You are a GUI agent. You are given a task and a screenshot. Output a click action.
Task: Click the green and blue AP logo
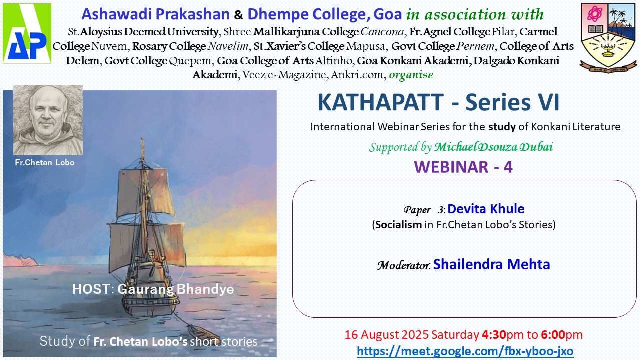[x=27, y=33]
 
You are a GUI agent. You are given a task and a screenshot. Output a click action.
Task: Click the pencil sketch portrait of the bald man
[x=48, y=120]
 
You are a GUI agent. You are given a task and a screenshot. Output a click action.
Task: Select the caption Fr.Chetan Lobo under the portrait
[x=45, y=163]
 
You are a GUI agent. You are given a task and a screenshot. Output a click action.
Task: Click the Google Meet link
[x=465, y=351]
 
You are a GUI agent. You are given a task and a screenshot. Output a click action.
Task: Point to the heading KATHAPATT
[x=381, y=102]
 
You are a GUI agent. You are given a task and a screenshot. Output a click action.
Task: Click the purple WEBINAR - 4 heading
[x=463, y=167]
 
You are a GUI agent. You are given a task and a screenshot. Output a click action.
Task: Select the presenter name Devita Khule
[x=486, y=209]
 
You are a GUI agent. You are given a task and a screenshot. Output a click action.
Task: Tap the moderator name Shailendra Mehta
[x=491, y=264]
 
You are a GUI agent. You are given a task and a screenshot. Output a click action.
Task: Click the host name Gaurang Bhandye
[x=176, y=289]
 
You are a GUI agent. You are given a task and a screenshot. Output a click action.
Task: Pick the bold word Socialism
[x=399, y=225]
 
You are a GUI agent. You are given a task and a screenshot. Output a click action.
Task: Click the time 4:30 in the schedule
[x=494, y=335]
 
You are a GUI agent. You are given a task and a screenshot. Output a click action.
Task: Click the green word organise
[x=411, y=75]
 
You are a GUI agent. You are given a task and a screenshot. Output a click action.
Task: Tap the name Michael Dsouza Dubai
[x=493, y=147]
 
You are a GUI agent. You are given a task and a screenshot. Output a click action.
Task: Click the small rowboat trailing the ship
[x=203, y=333]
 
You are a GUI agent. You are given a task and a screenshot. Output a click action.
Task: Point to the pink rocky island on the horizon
[x=20, y=260]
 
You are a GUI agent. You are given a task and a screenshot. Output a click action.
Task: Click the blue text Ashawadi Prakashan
[x=155, y=14]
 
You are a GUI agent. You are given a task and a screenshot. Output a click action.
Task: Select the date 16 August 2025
[x=387, y=335]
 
